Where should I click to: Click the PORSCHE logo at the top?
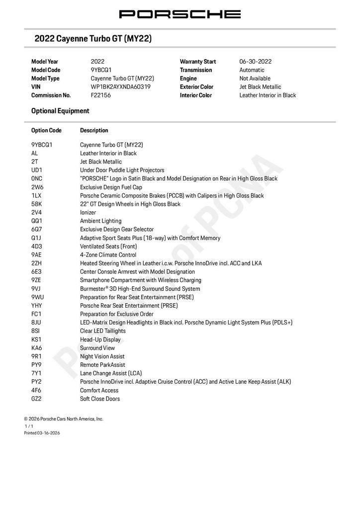180,14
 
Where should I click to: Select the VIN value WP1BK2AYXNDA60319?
120,87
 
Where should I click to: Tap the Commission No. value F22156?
101,95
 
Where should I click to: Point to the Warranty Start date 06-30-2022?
256,62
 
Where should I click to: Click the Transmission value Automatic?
252,70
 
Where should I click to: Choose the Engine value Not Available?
255,79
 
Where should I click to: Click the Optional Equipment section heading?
60,111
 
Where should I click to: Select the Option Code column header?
46,131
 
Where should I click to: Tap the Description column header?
94,131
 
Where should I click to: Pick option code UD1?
37,170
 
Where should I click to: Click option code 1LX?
36,195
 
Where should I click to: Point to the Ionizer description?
89,212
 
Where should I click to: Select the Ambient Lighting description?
100,221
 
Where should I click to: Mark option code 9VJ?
36,289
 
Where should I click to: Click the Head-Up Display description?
100,339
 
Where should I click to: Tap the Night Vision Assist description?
102,356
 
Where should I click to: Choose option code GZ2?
37,399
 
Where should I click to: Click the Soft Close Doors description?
100,399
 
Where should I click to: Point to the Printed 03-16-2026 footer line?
42,433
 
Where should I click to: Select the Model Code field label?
45,70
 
